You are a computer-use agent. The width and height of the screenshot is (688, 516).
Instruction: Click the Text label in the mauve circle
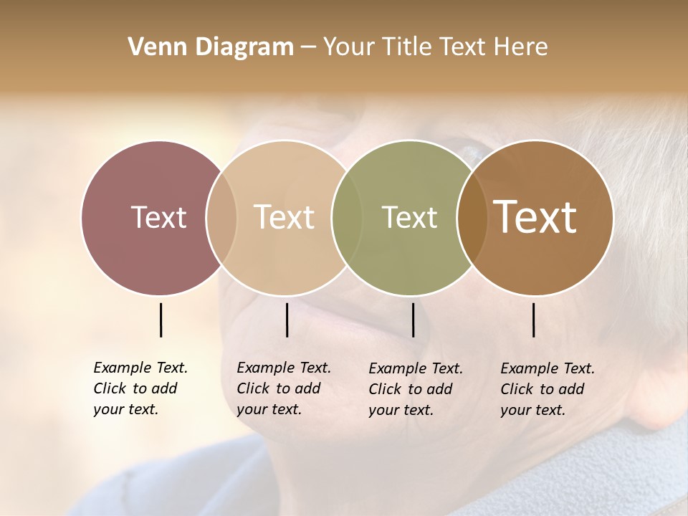(158, 218)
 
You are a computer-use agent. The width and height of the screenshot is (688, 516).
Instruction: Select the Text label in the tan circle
(284, 218)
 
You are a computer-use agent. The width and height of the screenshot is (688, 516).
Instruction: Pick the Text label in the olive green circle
(409, 218)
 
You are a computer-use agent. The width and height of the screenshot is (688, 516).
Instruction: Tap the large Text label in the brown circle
(535, 217)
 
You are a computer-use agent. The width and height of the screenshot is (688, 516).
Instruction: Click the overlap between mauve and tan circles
(221, 218)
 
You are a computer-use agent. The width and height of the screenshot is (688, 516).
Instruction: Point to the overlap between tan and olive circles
(347, 218)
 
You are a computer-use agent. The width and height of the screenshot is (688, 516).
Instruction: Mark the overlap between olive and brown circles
(472, 218)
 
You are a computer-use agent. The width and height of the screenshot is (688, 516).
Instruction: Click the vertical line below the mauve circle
(161, 320)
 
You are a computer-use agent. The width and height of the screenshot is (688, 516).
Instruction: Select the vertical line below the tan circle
(287, 320)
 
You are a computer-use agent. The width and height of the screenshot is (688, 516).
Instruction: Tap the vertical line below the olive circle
(413, 320)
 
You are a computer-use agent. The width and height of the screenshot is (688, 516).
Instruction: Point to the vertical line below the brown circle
(533, 320)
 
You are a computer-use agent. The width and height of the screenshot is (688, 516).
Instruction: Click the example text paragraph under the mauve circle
(140, 388)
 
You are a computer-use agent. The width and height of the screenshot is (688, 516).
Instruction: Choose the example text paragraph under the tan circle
(283, 388)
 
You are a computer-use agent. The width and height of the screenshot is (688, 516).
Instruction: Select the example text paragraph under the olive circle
(415, 389)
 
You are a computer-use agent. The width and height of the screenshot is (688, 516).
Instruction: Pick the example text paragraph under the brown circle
(547, 389)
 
